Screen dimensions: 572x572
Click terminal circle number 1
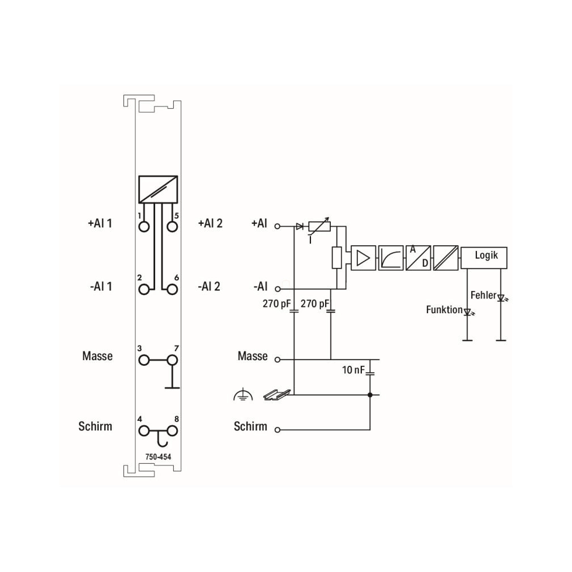(144, 227)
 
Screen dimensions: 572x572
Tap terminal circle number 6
(172, 289)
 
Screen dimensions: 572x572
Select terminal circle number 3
(144, 360)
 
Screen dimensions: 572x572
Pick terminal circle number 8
(172, 431)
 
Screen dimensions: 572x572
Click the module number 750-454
(158, 456)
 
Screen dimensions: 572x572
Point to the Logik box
(484, 258)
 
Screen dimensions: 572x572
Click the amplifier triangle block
(364, 258)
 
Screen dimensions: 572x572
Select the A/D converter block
(418, 258)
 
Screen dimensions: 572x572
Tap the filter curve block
(391, 258)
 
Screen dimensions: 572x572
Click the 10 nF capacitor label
(353, 370)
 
